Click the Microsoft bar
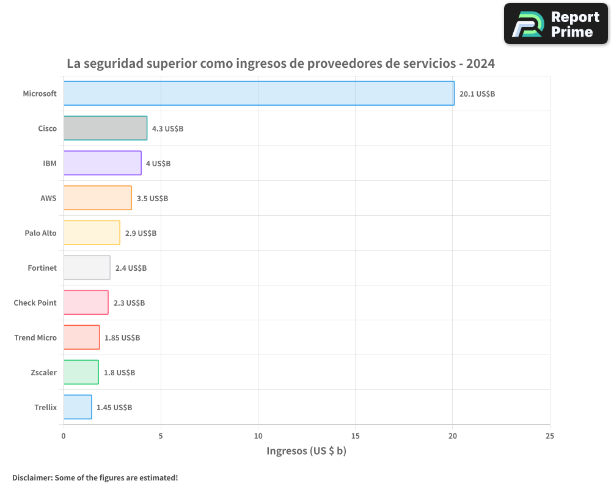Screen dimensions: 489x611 point(258,94)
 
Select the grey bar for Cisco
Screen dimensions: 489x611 point(105,128)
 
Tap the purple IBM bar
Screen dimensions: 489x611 point(102,163)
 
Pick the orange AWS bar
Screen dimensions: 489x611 point(97,198)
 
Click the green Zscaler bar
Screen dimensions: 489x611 point(81,372)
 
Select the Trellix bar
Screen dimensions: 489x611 point(78,407)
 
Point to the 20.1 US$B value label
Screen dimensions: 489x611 point(477,94)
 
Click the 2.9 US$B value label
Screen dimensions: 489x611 point(141,233)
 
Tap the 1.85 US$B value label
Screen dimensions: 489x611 point(122,338)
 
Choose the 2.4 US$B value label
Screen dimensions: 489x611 point(131,268)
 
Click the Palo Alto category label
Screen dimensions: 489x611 point(40,233)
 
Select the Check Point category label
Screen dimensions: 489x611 point(35,303)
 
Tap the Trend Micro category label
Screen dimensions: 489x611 point(35,338)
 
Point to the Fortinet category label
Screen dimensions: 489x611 point(42,268)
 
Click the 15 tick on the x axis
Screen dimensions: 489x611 point(356,436)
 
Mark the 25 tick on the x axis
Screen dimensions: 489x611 point(550,436)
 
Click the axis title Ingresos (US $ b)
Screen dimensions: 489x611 point(306,451)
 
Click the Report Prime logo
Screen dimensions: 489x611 point(555,24)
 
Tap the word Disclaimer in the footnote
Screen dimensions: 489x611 point(31,477)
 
